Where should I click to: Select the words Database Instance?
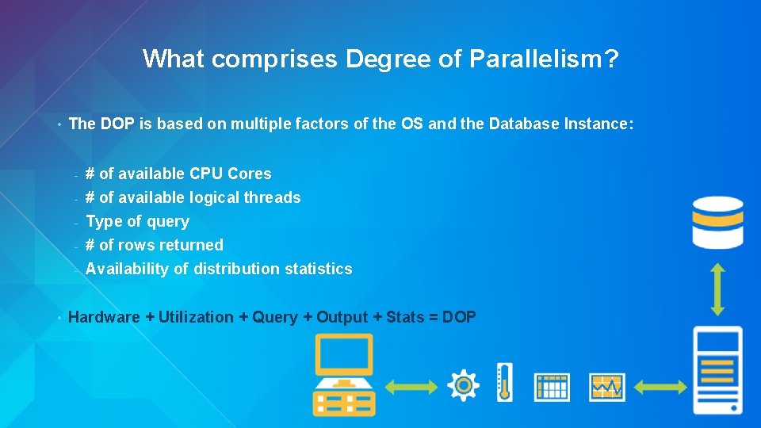558,124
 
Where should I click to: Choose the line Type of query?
137,221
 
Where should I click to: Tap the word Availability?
127,269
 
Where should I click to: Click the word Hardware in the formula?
104,317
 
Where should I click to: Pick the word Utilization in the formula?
196,317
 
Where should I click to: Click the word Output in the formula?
342,317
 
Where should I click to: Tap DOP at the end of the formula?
459,317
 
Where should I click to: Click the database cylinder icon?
717,221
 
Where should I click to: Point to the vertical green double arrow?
717,290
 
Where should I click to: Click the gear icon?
463,386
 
